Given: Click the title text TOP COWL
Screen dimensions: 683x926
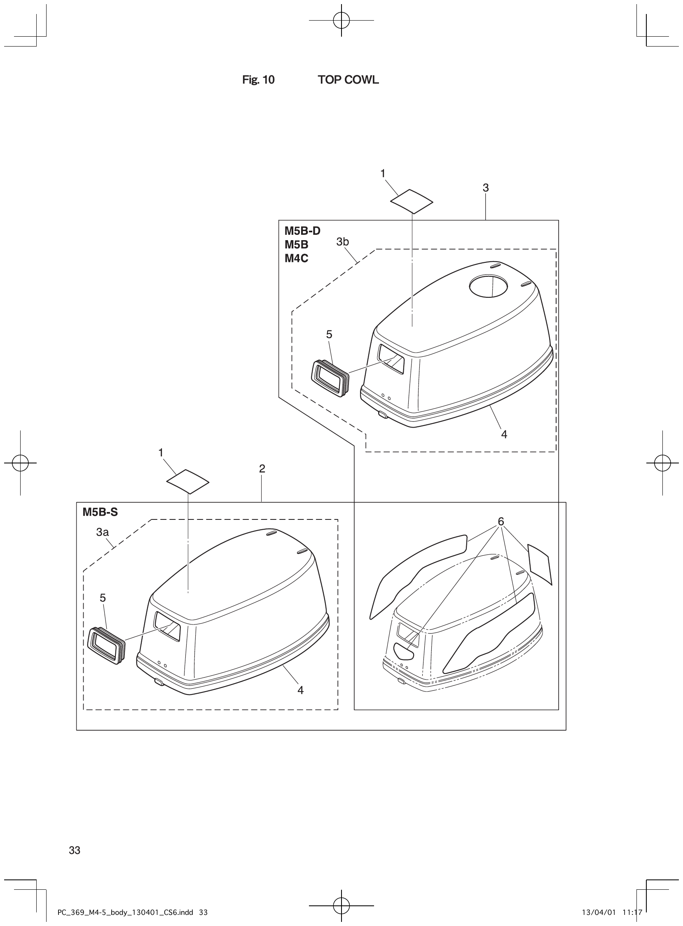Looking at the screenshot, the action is (348, 80).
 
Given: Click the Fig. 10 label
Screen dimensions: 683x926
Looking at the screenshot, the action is (258, 80).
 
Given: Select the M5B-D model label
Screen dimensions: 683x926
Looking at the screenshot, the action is (302, 231).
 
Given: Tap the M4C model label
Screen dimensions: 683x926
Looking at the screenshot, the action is (296, 258).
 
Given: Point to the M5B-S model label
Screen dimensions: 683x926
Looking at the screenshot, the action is (100, 512).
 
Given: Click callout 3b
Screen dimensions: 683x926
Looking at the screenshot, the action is (343, 242).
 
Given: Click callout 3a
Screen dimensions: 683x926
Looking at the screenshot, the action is (103, 532).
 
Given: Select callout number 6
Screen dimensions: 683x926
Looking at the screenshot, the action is (501, 522).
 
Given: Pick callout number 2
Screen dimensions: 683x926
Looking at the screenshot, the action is (262, 469).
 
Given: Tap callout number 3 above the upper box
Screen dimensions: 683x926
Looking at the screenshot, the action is (486, 188).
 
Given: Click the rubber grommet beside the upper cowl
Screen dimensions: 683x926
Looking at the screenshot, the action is (330, 378).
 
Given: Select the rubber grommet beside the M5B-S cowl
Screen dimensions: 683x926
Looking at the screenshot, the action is (106, 645).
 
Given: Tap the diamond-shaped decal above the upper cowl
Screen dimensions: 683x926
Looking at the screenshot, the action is (412, 202).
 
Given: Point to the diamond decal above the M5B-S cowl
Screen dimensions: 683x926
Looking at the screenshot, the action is (188, 481).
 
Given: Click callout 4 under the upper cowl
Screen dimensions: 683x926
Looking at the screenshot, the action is (504, 434).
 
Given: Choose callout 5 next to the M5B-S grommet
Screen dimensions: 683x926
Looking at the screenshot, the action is (103, 598).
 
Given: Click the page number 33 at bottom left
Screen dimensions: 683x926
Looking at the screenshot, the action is (75, 850).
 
